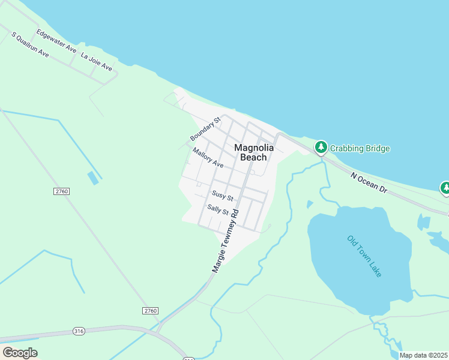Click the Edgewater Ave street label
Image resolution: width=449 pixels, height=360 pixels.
(56, 40)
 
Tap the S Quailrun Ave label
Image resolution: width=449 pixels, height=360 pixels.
(30, 44)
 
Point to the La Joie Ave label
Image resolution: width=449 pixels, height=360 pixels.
(97, 62)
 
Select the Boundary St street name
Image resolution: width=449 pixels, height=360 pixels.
(206, 129)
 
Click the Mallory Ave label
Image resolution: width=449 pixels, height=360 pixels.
(208, 158)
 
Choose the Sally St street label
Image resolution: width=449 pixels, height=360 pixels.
(218, 210)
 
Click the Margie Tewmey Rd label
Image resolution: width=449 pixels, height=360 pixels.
(226, 240)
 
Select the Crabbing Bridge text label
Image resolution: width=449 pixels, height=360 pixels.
(360, 148)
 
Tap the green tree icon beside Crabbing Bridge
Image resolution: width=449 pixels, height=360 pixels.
(321, 147)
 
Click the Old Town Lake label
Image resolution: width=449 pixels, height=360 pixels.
(364, 256)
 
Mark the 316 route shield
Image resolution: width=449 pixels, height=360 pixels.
(79, 331)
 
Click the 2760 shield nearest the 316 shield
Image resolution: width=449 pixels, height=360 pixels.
(151, 310)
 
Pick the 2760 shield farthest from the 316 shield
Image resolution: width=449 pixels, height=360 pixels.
(62, 191)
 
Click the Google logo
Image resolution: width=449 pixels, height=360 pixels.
(20, 353)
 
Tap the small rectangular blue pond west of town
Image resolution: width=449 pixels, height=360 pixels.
(93, 178)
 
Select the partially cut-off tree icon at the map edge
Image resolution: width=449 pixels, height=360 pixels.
(445, 188)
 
